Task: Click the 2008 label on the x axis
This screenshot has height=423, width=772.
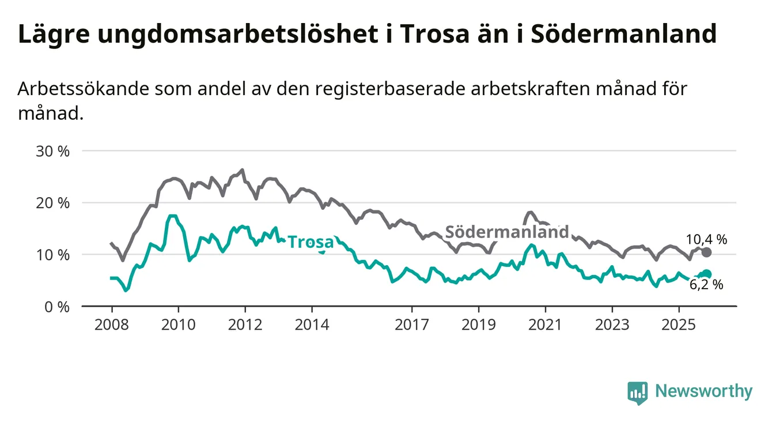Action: pos(111,325)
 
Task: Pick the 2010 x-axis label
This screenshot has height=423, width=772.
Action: pos(178,325)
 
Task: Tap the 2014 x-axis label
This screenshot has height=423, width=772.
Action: pos(312,325)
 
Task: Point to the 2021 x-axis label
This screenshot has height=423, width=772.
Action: pos(545,325)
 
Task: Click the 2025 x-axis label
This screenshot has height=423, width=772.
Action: pos(679,325)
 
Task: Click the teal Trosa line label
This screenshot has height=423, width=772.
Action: pos(311,242)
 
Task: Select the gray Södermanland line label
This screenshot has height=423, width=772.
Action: pos(507,232)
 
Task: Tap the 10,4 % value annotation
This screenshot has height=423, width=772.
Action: pos(706,239)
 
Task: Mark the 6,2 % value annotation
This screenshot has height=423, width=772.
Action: pos(706,284)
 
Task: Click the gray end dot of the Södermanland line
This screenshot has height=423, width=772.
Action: pos(707,252)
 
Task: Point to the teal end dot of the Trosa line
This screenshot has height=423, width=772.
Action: pos(707,274)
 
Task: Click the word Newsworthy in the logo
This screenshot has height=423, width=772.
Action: pos(703,391)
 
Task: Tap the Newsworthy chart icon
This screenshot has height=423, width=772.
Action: pos(637,392)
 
